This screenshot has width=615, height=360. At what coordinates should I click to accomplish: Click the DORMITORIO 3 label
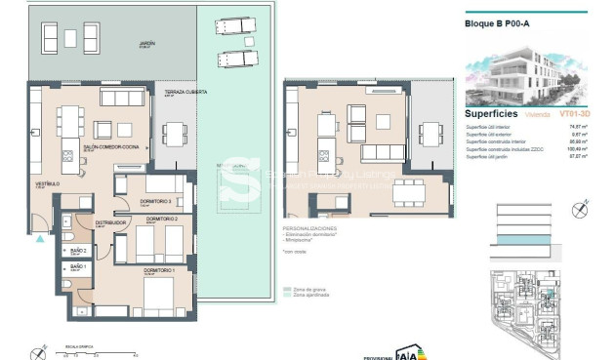click(x=157, y=202)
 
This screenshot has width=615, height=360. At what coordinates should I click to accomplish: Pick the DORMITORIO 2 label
click(x=161, y=220)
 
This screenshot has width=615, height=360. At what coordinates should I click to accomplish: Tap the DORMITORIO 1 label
click(x=158, y=269)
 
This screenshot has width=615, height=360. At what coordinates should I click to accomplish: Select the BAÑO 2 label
click(x=78, y=249)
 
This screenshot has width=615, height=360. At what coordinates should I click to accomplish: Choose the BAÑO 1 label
click(x=78, y=266)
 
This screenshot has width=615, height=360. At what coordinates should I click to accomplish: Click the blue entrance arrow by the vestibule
click(x=37, y=235)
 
